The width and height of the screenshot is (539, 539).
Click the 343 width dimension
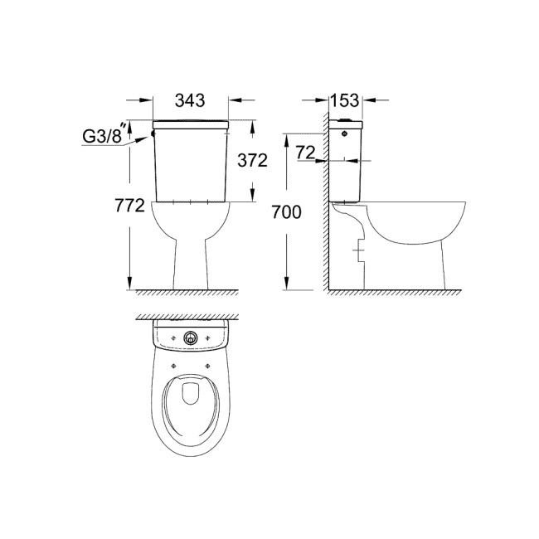click(191, 101)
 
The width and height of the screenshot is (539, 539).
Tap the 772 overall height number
click(131, 206)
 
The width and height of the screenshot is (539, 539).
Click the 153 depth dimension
click(343, 101)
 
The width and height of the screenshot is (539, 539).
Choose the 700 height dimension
click(286, 213)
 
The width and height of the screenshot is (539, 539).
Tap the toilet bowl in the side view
click(415, 224)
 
